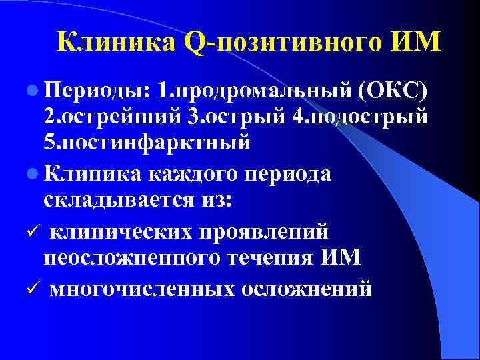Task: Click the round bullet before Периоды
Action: (34, 89)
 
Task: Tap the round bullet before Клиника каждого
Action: (34, 169)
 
